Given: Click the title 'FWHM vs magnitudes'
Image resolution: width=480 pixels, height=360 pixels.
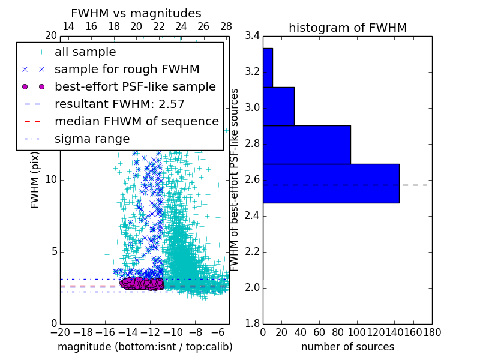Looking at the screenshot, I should tap(136, 14).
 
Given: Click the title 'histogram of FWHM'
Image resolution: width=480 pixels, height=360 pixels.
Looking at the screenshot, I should tap(347, 28).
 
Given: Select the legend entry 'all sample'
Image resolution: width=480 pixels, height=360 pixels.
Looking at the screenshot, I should tap(85, 52).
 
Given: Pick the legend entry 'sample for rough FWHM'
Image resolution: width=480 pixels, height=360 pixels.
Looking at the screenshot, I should tap(127, 70).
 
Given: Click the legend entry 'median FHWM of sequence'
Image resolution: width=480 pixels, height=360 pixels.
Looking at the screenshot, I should tap(136, 121).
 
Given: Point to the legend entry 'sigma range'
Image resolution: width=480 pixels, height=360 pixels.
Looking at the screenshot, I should tap(92, 139).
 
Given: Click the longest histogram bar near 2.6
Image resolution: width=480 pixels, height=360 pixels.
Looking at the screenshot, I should tap(331, 183).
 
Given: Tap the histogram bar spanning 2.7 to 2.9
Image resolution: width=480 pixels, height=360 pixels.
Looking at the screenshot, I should tap(307, 145).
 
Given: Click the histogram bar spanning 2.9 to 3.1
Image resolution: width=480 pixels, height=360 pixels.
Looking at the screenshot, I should tap(278, 106).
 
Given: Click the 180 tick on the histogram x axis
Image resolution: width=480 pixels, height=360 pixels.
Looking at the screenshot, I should tap(432, 332).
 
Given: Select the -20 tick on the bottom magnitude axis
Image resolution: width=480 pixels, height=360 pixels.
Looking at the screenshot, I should tap(60, 332).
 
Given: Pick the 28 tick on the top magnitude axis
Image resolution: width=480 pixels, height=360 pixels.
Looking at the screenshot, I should tap(226, 26).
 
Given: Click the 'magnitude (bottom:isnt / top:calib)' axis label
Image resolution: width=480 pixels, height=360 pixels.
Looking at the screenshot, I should tap(145, 347).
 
